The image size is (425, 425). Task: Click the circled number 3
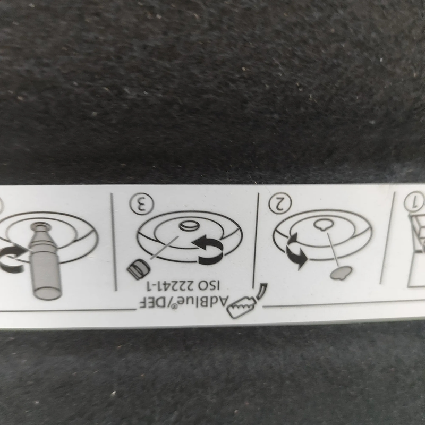coord(141,203)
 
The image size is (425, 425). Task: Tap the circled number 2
coord(280,203)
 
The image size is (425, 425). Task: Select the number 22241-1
coord(170,285)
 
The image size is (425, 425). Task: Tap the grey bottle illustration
coord(45,261)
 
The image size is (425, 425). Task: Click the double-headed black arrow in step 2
coord(296,251)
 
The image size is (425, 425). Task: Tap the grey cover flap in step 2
coord(341,273)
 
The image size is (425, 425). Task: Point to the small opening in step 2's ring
coord(323,224)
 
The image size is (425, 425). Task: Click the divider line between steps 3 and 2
coord(256,241)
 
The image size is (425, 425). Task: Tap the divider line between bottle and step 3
coord(114,242)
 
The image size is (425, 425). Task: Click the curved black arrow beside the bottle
coord(12,258)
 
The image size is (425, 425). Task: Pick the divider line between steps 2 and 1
coord(387,237)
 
